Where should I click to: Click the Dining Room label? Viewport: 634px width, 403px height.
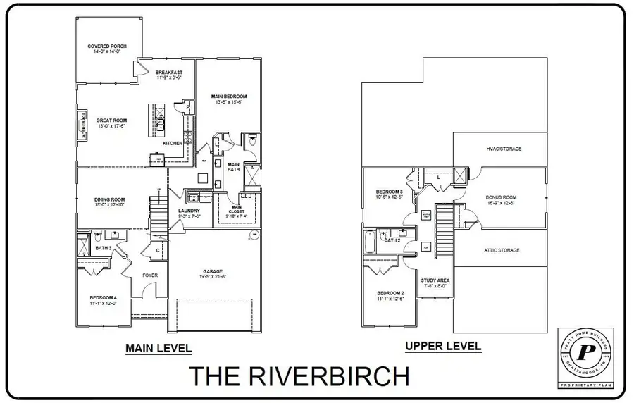pyautogui.click(x=109, y=201)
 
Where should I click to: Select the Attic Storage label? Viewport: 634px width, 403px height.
pyautogui.click(x=501, y=250)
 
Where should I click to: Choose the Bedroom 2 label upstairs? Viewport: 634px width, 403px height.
pyautogui.click(x=390, y=294)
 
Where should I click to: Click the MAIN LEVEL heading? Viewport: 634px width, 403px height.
pyautogui.click(x=158, y=348)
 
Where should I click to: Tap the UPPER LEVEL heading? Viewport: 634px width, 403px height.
pyautogui.click(x=443, y=346)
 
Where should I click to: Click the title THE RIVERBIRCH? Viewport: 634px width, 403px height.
pyautogui.click(x=299, y=376)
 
